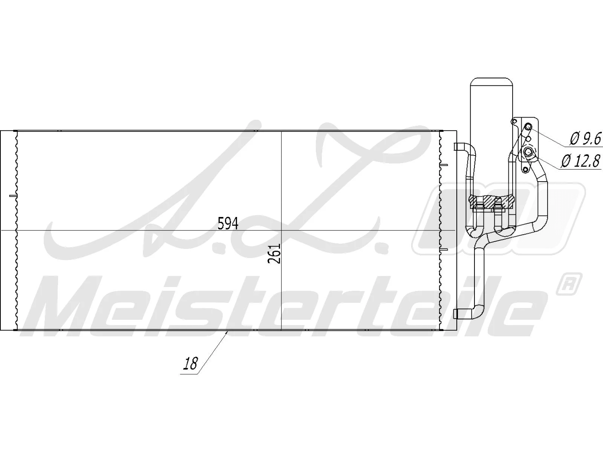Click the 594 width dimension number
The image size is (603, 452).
coord(228,224)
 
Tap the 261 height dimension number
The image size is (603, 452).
coord(275,253)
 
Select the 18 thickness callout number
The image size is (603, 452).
coord(191,364)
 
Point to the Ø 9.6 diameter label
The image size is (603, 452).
coord(585,139)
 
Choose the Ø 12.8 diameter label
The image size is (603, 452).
coord(580,162)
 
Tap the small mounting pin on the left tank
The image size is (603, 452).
coord(12,196)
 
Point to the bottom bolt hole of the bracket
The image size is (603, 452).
coord(525,169)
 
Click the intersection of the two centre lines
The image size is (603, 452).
coord(282,230)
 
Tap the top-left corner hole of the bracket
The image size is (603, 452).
coord(513,121)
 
